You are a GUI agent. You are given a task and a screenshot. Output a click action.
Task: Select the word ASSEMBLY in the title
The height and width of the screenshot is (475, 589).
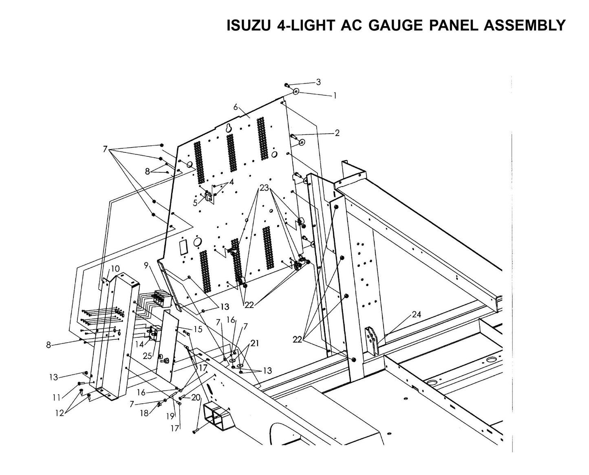coord(524,25)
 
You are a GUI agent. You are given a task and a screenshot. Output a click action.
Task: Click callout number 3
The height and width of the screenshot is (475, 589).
coord(318,82)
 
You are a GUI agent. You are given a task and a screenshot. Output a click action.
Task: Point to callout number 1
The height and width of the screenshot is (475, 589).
coord(335,96)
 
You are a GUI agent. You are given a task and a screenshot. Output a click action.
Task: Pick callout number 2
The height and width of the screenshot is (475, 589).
coord(337,133)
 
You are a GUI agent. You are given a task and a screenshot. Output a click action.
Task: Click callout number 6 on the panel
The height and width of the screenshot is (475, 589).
coord(236,107)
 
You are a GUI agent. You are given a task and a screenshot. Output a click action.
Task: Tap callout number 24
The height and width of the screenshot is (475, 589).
coord(416,314)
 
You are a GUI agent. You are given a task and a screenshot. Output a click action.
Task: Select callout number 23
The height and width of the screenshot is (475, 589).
coord(264,188)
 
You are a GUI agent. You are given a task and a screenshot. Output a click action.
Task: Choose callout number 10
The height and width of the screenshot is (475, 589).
coord(115,268)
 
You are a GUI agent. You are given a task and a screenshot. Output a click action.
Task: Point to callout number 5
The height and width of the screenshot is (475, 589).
coord(195,202)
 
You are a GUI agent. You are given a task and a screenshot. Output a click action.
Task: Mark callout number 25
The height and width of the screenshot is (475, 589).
coord(148,356)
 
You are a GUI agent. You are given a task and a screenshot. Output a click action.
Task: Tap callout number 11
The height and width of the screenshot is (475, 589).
coord(56,397)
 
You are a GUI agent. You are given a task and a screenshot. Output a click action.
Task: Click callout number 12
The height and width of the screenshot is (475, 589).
coord(60,413)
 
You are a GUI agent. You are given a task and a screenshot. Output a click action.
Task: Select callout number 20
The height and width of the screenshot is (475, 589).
coord(196,398)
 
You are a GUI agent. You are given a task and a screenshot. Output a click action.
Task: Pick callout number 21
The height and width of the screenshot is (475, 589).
coord(255,343)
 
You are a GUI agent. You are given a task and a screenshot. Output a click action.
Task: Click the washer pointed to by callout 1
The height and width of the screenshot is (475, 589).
coord(296,91)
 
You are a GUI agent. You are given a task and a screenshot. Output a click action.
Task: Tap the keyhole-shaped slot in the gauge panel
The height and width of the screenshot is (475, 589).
coord(229,128)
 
